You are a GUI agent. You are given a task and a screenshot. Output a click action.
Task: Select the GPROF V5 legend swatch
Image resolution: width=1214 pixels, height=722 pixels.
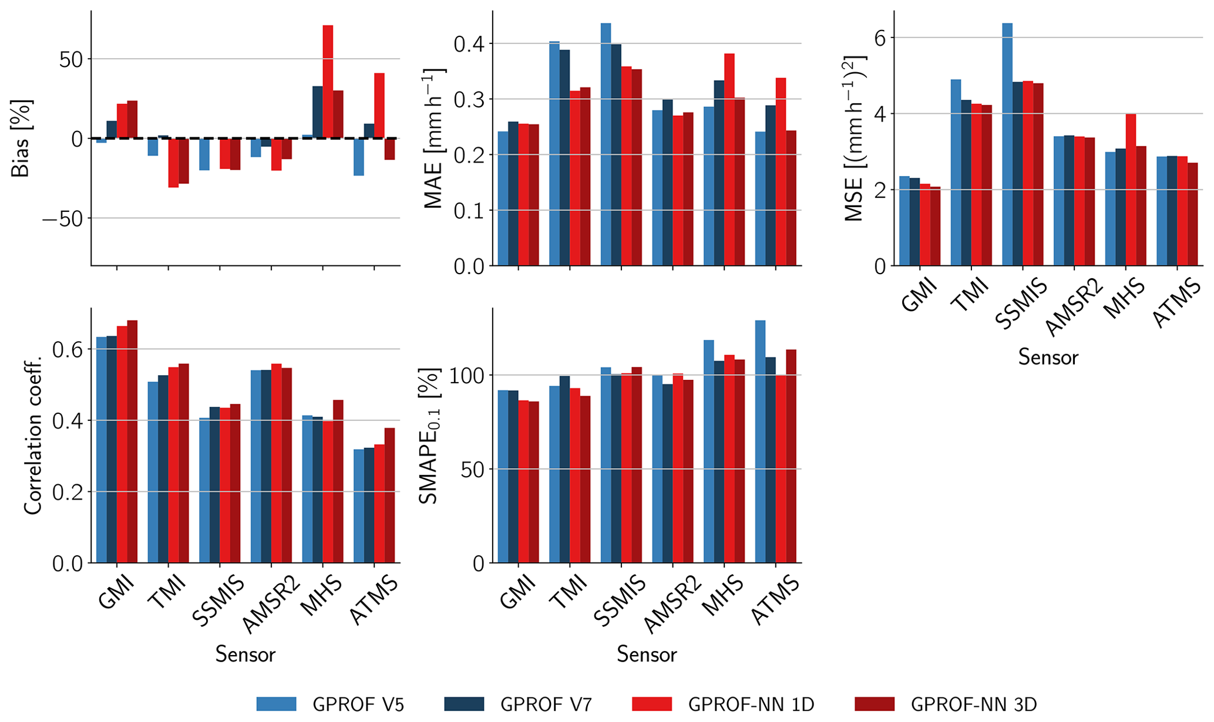tap(276, 704)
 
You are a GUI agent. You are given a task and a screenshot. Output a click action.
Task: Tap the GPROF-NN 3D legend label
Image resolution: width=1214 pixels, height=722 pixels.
tap(974, 704)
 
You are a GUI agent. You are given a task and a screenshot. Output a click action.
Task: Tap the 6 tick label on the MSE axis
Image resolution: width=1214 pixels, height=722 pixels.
tap(880, 38)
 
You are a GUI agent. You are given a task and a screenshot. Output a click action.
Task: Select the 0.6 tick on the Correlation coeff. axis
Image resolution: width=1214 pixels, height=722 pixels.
tap(68, 350)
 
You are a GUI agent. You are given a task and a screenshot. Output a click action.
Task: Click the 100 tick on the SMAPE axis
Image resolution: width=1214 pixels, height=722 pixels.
tap(468, 376)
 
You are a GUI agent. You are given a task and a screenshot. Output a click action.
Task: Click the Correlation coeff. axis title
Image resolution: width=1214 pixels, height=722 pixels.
tap(33, 435)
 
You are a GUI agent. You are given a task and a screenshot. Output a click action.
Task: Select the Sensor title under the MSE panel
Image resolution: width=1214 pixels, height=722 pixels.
tap(1048, 357)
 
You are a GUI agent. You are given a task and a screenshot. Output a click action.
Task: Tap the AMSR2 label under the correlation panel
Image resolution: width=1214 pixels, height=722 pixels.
tap(271, 605)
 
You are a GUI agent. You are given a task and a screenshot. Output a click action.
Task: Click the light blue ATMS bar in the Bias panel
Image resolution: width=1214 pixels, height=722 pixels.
tap(358, 157)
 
